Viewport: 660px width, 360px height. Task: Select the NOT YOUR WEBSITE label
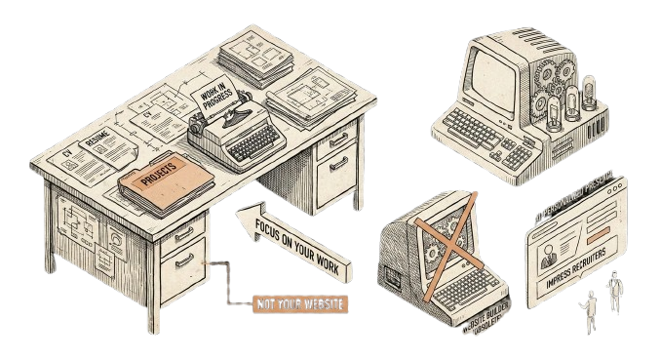tap(299, 303)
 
